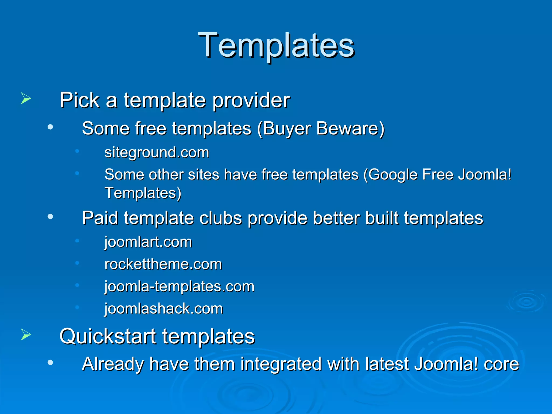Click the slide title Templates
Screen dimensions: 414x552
tap(276, 45)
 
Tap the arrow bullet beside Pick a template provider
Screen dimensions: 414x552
tap(26, 98)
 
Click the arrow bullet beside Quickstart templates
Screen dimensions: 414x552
tap(26, 335)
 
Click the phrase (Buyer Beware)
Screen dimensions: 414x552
tap(321, 128)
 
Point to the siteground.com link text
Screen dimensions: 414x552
tap(157, 152)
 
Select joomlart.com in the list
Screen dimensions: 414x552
tap(148, 242)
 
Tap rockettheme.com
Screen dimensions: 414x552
tap(163, 264)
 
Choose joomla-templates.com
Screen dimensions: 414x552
tap(179, 286)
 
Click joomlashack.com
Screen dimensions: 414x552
tap(164, 309)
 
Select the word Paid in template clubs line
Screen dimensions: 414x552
tap(100, 218)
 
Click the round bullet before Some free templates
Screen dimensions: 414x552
tap(50, 127)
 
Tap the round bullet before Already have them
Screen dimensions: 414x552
tap(50, 363)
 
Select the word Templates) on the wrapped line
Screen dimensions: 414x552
tap(143, 193)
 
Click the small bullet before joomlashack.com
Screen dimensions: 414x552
tap(77, 307)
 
